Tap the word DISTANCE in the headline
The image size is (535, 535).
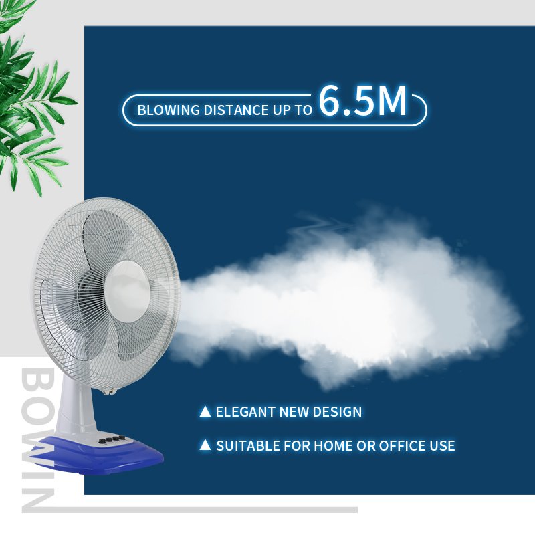pyautogui.click(x=227, y=110)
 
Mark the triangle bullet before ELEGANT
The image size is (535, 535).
pyautogui.click(x=205, y=411)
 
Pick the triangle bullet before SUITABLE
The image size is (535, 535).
pyautogui.click(x=205, y=445)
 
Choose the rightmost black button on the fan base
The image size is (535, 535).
pyautogui.click(x=122, y=439)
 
